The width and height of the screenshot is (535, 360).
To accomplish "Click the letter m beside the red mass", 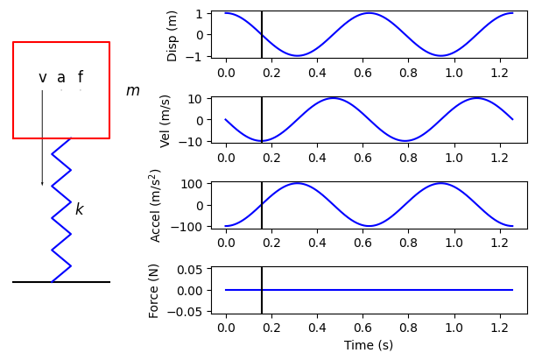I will (132, 91).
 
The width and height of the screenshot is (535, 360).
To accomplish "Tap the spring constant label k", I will (79, 209).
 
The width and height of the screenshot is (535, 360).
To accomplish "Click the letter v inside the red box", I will (42, 78).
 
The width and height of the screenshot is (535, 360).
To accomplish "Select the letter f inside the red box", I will (81, 77).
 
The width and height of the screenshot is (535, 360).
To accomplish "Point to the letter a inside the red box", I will (61, 78).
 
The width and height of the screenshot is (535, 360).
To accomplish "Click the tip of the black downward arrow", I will (42, 184).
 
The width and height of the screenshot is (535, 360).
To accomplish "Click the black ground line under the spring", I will (61, 282).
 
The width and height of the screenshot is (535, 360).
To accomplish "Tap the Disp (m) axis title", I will (172, 35).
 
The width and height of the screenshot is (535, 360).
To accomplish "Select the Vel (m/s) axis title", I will (165, 120).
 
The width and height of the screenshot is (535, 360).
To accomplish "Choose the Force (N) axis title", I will (154, 290).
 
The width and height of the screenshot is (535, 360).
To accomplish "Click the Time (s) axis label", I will (368, 346).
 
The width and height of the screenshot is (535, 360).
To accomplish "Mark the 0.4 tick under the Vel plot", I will (317, 155).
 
